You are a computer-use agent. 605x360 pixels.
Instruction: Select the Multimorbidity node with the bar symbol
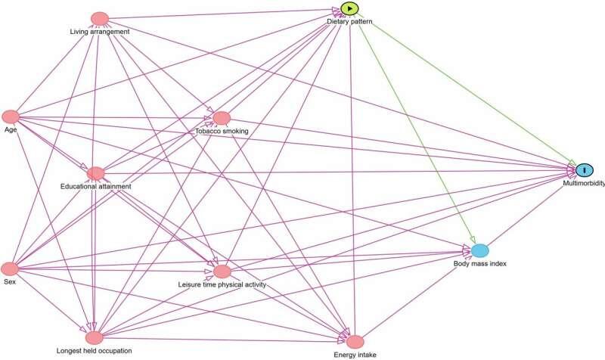pyautogui.click(x=585, y=170)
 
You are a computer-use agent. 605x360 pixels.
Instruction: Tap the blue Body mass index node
pyautogui.click(x=480, y=250)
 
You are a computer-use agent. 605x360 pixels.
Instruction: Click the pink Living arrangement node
pyautogui.click(x=99, y=18)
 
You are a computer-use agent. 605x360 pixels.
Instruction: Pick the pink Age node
pyautogui.click(x=11, y=116)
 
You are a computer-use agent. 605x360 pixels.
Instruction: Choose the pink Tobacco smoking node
pyautogui.click(x=222, y=118)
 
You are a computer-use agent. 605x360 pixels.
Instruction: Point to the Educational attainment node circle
pyautogui.click(x=95, y=174)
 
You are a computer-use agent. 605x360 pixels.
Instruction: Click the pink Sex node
pyautogui.click(x=10, y=268)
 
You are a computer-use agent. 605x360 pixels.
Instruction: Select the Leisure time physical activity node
pyautogui.click(x=222, y=271)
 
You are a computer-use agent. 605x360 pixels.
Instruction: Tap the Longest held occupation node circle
pyautogui.click(x=94, y=337)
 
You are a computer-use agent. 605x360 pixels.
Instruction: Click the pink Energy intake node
pyautogui.click(x=355, y=341)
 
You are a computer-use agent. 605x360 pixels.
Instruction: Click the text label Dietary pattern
pyautogui.click(x=350, y=23)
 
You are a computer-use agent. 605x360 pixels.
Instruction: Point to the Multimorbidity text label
pyautogui.click(x=582, y=183)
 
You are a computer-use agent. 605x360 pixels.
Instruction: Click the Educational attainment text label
pyautogui.click(x=96, y=186)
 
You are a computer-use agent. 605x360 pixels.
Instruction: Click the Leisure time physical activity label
pyautogui.click(x=222, y=284)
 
